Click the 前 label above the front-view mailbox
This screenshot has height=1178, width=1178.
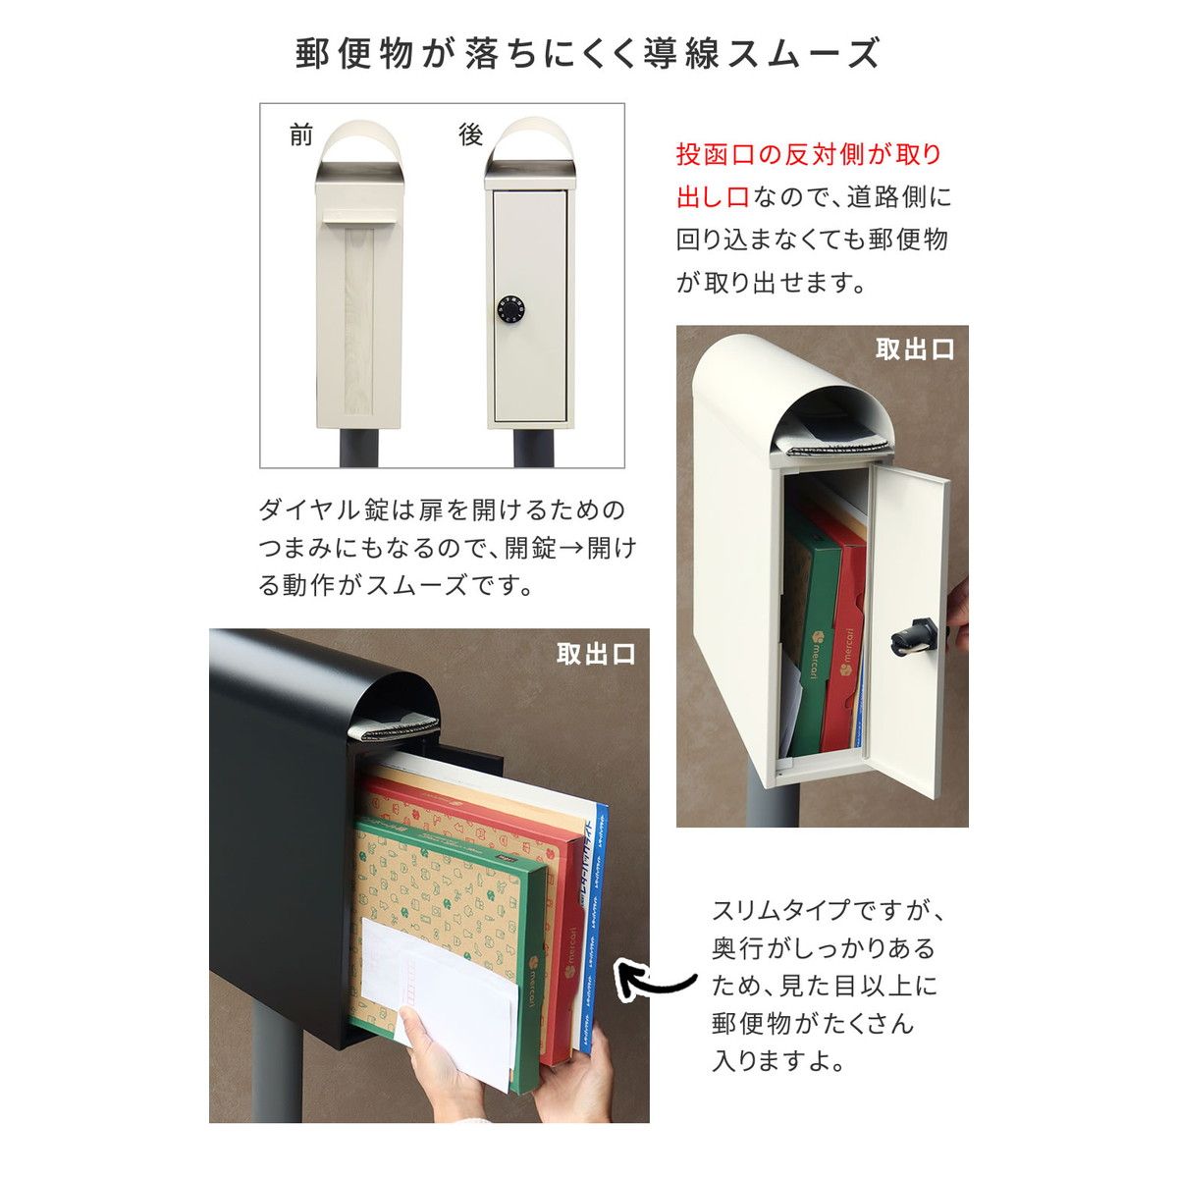point(301,135)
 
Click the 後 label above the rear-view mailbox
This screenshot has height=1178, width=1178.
point(471,135)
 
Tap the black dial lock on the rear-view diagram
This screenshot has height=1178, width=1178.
point(510,309)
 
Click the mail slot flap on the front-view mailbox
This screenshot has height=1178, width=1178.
point(359,216)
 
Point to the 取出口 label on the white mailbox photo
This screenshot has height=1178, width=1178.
point(914,349)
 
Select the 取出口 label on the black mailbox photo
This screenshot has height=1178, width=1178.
point(596,654)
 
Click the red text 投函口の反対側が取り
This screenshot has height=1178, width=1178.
point(809,155)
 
